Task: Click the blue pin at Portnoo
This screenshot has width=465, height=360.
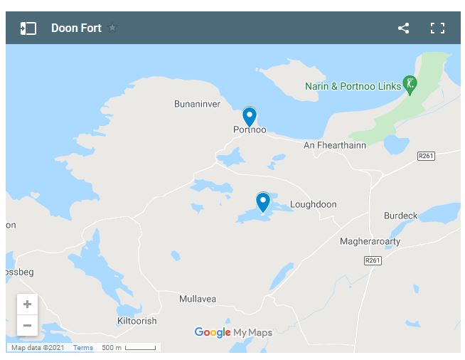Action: [249, 116]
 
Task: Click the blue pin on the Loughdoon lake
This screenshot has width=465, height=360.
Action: [263, 201]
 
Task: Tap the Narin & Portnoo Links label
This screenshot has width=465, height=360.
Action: [353, 86]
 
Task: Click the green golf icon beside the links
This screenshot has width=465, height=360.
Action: [410, 84]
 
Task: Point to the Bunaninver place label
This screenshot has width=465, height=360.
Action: [197, 104]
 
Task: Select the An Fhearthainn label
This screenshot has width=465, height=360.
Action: [334, 145]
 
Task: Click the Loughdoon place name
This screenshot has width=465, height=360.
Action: [313, 204]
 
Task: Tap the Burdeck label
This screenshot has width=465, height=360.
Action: [401, 216]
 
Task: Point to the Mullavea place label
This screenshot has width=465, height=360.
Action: [198, 299]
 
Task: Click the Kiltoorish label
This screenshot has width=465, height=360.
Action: [137, 321]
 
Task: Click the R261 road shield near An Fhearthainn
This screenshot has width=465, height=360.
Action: [426, 156]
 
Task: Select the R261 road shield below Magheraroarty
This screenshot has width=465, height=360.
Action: [373, 261]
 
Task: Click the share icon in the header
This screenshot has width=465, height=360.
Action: [403, 28]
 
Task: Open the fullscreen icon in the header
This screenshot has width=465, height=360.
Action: [437, 28]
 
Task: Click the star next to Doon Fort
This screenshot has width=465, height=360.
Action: [112, 28]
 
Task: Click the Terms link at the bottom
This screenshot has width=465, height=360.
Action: [83, 348]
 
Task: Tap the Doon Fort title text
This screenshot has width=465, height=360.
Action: [76, 28]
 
